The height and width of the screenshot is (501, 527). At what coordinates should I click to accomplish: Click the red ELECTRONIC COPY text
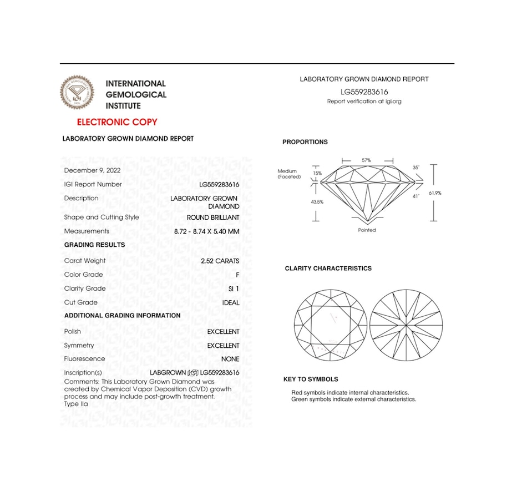pos(117,122)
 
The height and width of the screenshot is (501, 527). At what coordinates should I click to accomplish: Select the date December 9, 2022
pos(92,170)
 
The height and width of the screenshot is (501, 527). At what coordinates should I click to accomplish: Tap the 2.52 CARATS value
pos(220,261)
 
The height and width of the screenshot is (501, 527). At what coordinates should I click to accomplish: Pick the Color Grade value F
pos(237,275)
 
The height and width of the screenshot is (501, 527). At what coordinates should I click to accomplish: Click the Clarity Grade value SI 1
pos(234,289)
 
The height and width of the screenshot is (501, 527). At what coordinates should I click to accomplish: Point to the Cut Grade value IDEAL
pos(231,302)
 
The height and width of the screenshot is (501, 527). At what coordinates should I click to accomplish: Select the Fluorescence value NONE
pos(230,359)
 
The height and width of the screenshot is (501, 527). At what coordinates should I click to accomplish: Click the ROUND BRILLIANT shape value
pos(213,217)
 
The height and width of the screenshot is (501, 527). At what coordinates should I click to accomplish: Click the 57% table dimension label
pos(366,160)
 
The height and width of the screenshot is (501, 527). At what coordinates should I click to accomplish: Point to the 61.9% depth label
pos(435,193)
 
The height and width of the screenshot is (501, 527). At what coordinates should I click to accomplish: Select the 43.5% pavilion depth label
pos(317,202)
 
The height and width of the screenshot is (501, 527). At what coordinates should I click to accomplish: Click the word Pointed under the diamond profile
pos(367,230)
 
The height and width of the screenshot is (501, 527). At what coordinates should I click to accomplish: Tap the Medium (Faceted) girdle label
pos(289,174)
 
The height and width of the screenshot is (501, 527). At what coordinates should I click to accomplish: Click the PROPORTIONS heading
pos(305,142)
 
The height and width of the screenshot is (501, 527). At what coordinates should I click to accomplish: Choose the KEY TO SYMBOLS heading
pos(311,379)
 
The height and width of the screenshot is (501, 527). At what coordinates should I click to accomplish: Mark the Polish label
pos(73,331)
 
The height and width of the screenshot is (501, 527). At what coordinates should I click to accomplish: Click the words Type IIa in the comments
pos(76,404)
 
